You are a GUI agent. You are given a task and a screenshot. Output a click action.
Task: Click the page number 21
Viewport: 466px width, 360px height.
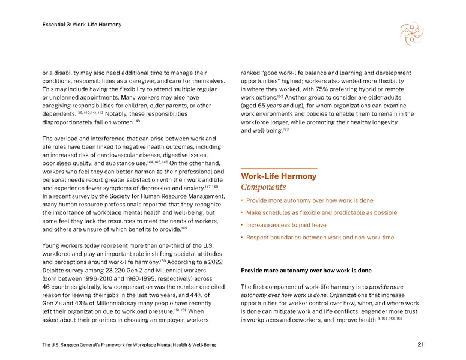click(x=420, y=344)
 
